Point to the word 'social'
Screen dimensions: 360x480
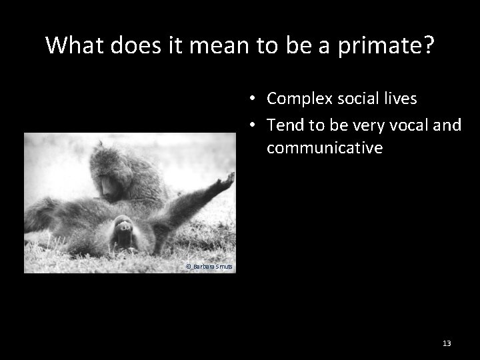pyautogui.click(x=350, y=99)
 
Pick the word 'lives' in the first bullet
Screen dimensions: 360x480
pyautogui.click(x=397, y=99)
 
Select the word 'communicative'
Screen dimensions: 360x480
pyautogui.click(x=324, y=147)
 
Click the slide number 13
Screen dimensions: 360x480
pyautogui.click(x=447, y=343)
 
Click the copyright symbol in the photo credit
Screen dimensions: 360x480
pyautogui.click(x=189, y=267)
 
